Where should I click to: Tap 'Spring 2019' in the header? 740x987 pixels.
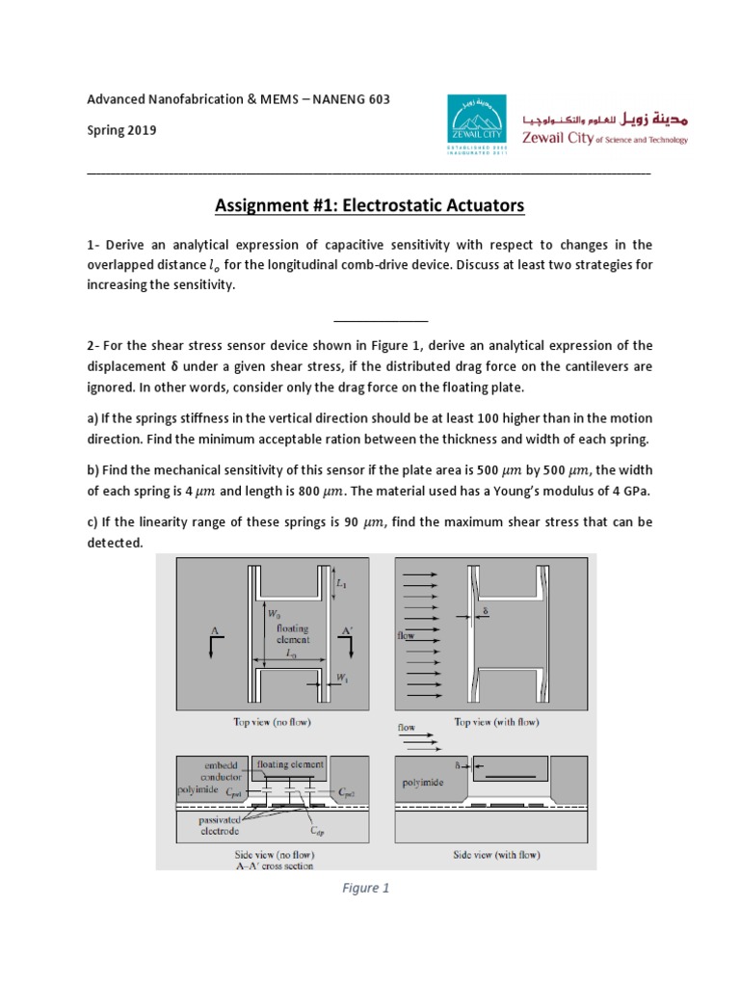point(122,130)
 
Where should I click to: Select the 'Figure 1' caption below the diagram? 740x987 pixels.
point(366,889)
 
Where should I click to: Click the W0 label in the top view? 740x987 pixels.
point(274,609)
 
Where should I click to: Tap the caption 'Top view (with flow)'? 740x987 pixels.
point(496,722)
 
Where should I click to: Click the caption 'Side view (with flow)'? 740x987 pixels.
point(496,855)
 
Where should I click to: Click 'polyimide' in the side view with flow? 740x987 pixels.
point(424,784)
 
